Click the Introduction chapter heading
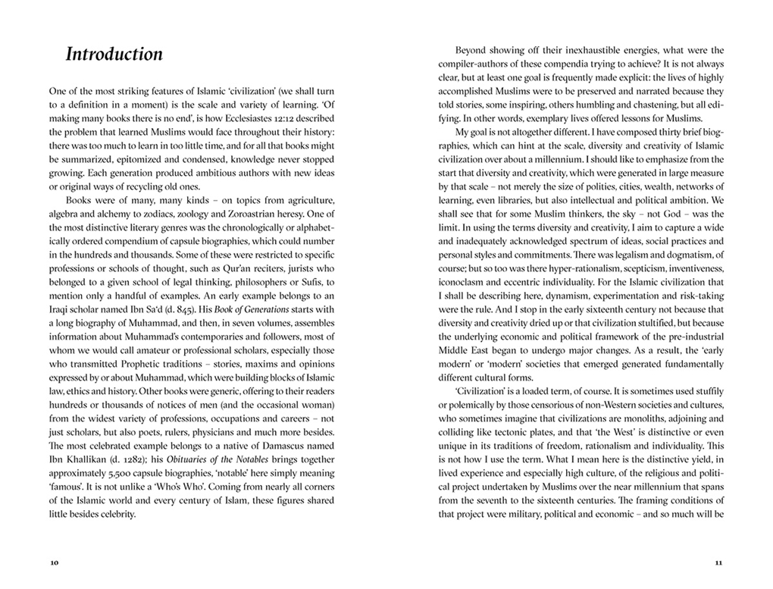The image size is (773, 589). pyautogui.click(x=114, y=55)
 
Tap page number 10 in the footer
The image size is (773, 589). pyautogui.click(x=53, y=562)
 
